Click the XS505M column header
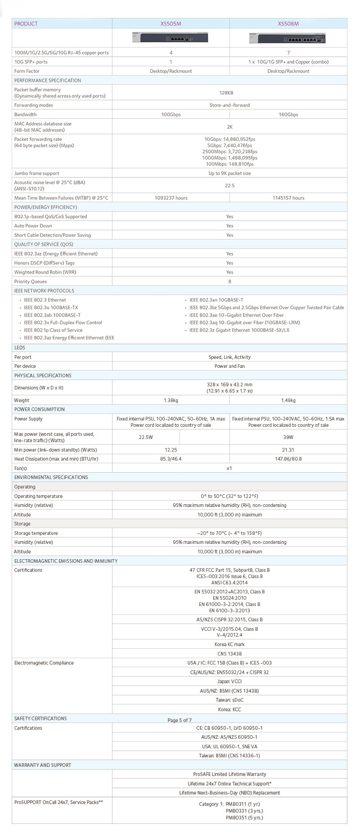(x=171, y=24)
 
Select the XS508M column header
(x=288, y=24)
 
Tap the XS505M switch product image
(x=171, y=38)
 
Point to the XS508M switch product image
(x=288, y=38)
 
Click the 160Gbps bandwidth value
(x=288, y=115)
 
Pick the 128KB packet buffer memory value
(x=229, y=93)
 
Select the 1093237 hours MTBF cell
(x=171, y=198)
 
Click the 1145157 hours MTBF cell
(x=288, y=198)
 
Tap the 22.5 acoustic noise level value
(x=229, y=185)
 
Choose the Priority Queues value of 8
(x=229, y=282)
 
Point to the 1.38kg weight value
(x=171, y=401)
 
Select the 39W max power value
(x=288, y=437)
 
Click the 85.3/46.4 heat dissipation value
(x=171, y=459)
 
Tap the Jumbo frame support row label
(x=36, y=173)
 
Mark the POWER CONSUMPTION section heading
(x=40, y=410)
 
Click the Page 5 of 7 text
(x=180, y=720)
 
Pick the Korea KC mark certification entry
(x=229, y=645)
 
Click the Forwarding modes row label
(x=33, y=105)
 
